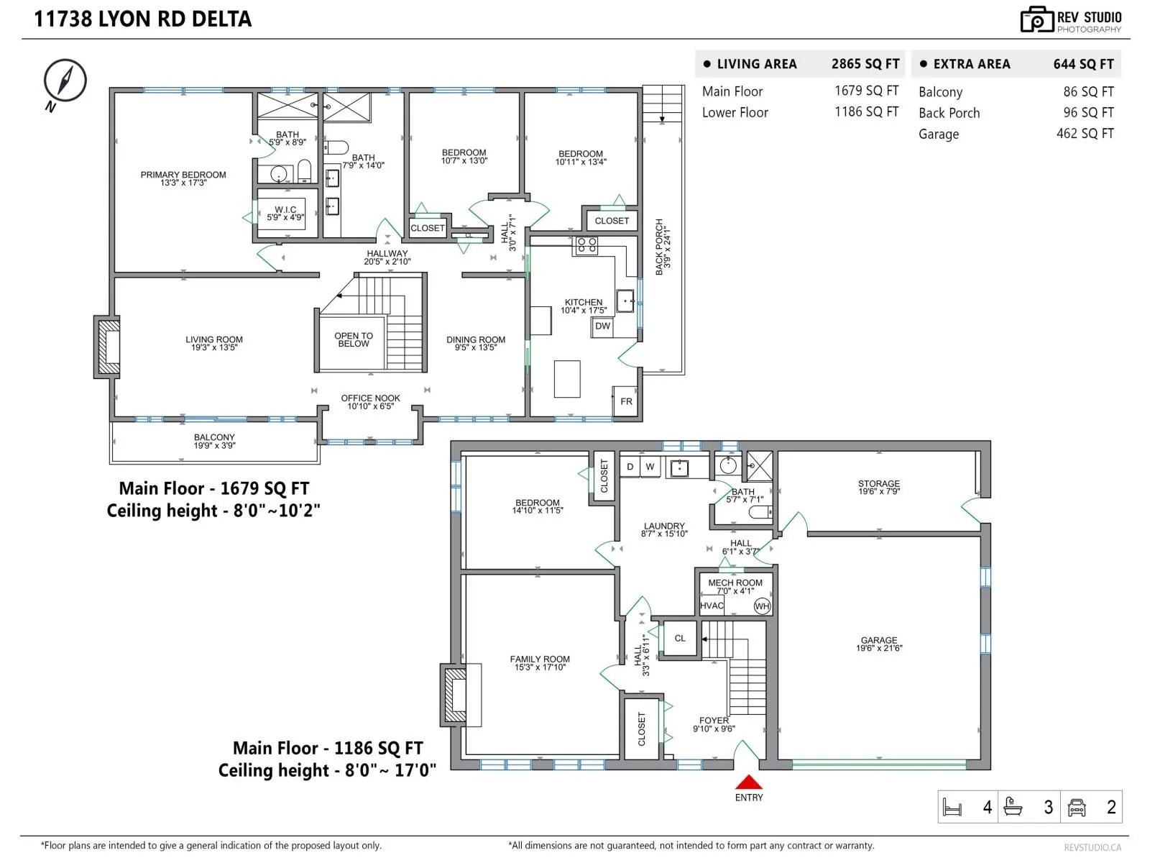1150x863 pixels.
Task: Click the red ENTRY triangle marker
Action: click(x=749, y=782)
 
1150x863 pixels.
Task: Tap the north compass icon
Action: click(x=65, y=80)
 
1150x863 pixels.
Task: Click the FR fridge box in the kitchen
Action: click(x=625, y=401)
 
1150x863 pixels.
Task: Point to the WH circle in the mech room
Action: click(x=762, y=606)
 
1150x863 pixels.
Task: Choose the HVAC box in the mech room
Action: click(x=712, y=606)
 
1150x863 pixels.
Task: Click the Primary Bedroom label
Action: click(x=183, y=178)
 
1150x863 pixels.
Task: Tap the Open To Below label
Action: click(x=354, y=339)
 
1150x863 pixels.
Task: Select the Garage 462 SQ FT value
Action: click(x=1085, y=134)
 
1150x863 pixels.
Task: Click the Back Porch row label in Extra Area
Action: click(x=949, y=113)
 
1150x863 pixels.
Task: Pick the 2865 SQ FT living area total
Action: click(x=865, y=64)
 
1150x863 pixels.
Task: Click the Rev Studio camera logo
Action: click(x=1037, y=19)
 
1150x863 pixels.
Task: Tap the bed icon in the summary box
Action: click(x=952, y=808)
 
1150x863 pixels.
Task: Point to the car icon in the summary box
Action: click(x=1077, y=808)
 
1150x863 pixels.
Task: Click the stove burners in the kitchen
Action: click(x=586, y=245)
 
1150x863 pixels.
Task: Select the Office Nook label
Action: click(x=370, y=402)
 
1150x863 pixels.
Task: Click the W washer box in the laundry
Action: click(x=650, y=466)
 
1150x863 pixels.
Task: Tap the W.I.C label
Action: click(x=285, y=214)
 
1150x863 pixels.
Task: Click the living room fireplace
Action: click(x=107, y=347)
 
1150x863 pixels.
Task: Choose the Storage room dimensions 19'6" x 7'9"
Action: click(x=879, y=491)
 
